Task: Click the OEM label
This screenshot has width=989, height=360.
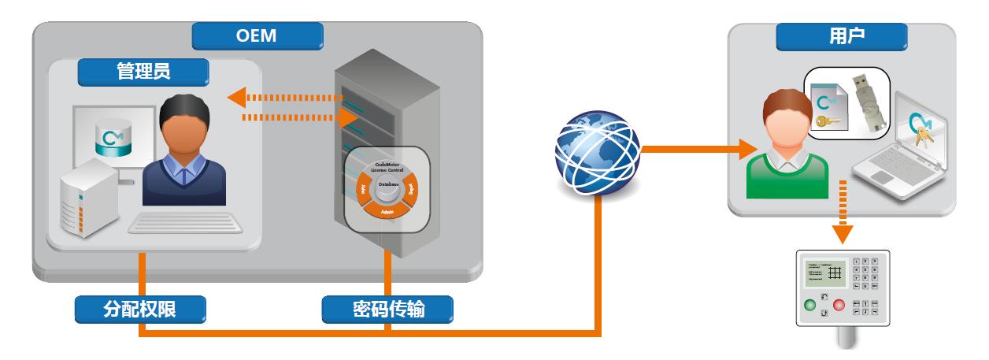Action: pos(257,35)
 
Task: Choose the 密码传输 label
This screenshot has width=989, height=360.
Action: pos(389,310)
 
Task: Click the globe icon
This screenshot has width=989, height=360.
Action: pos(596,150)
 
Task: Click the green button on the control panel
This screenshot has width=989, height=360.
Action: pos(809,304)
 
